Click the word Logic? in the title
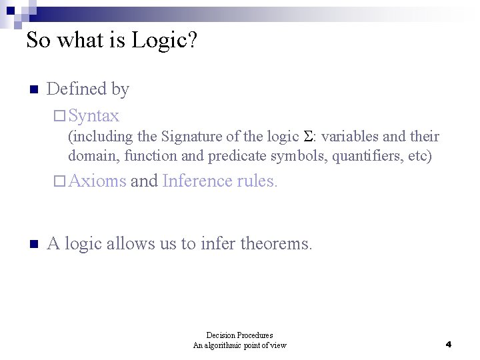point(164,41)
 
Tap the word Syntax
point(93,115)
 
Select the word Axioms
point(97,181)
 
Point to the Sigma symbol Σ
point(308,137)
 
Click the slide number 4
point(449,345)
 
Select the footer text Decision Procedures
point(239,335)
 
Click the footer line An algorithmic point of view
point(239,345)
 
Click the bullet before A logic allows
point(33,245)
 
